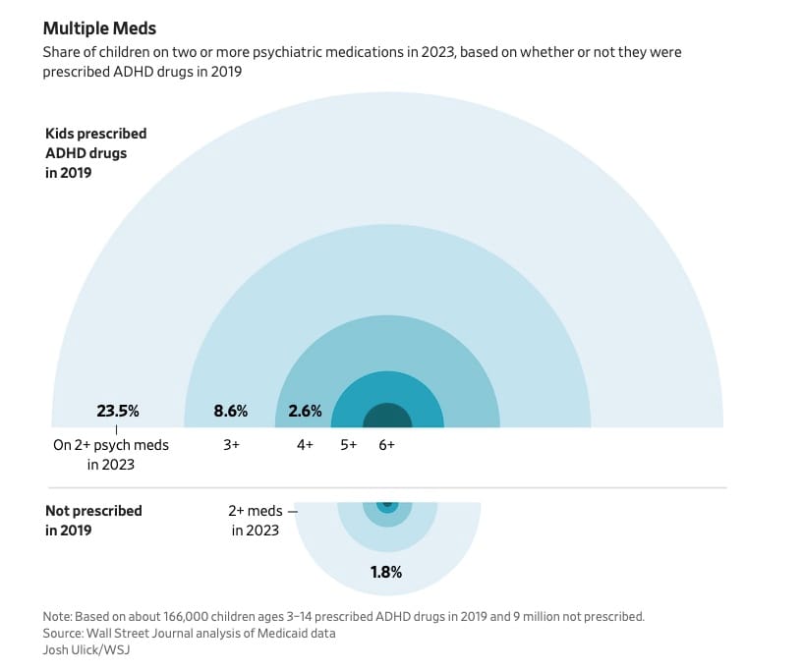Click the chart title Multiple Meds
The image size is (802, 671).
(x=99, y=28)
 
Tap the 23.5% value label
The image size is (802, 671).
(x=117, y=411)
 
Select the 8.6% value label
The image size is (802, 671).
(x=231, y=411)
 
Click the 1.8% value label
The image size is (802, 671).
(x=386, y=572)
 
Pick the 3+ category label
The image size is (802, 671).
(x=232, y=445)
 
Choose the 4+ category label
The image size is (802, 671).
(x=305, y=445)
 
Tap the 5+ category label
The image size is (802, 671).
(x=349, y=445)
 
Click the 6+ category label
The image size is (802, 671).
(x=387, y=445)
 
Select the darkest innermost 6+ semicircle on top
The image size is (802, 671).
(x=387, y=418)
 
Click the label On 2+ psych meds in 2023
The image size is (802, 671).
(x=111, y=454)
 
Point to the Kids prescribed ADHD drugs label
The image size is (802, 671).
(x=95, y=153)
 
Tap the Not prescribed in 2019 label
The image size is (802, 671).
(x=93, y=520)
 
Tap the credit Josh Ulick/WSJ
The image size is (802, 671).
(x=88, y=649)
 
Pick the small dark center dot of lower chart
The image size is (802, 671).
(x=387, y=506)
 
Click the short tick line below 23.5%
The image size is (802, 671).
(x=117, y=429)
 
